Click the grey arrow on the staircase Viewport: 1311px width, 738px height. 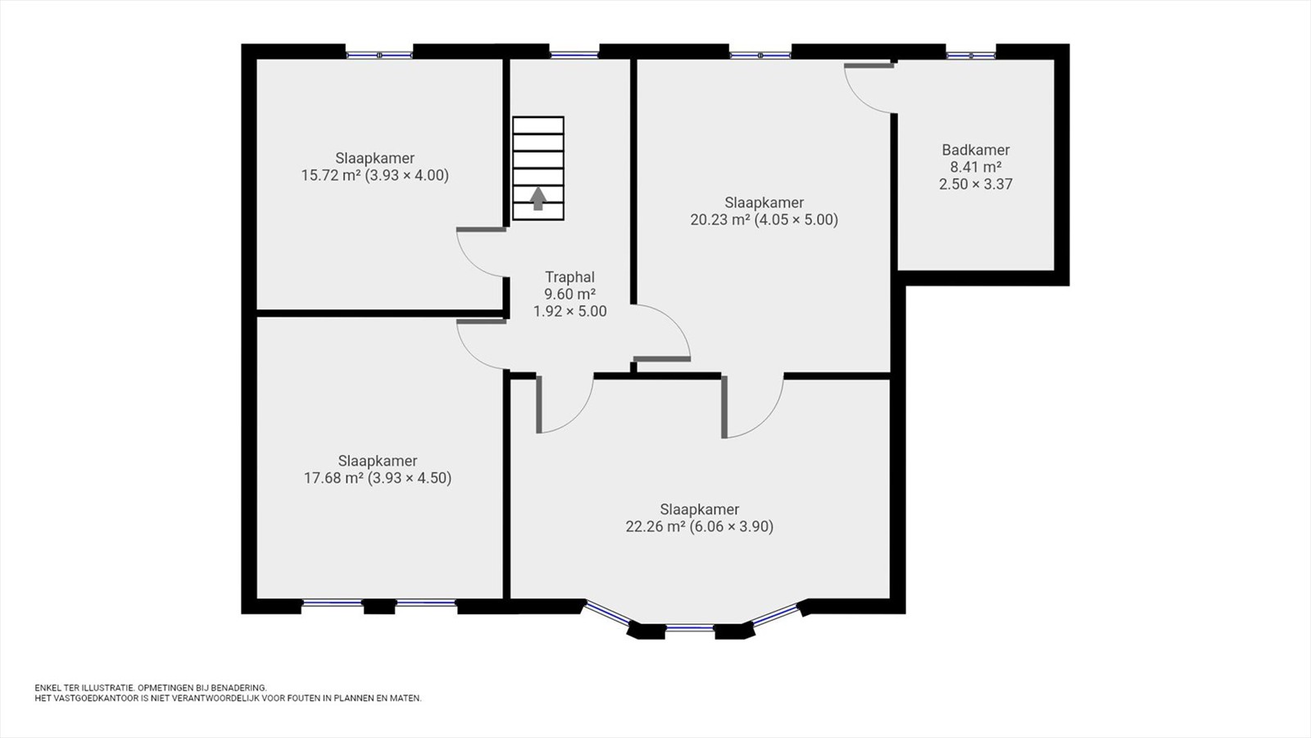[538, 198]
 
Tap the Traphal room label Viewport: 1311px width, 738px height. [570, 277]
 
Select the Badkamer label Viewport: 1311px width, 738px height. [976, 150]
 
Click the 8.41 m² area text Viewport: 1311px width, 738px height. [976, 167]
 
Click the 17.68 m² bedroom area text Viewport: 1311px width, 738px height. [333, 478]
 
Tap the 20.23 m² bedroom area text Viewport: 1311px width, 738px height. [720, 220]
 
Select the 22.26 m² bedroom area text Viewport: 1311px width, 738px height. [655, 526]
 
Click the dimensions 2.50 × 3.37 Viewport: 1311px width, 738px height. [976, 184]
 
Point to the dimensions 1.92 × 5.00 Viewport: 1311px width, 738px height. [570, 311]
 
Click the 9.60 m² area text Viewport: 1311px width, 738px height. [570, 294]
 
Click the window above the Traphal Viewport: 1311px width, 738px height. [574, 56]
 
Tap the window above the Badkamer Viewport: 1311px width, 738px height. [971, 56]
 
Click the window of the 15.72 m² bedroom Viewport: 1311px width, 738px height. [379, 56]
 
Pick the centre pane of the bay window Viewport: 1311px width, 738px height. [690, 628]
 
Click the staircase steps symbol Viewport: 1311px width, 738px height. [538, 169]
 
